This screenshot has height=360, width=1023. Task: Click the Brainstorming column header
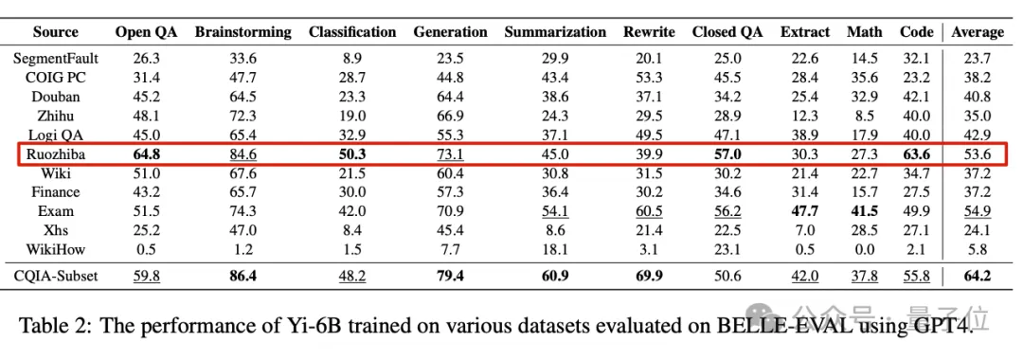point(242,32)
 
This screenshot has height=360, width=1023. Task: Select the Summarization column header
point(555,32)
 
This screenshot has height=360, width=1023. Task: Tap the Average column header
point(978,32)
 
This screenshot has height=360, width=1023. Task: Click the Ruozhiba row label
point(56,154)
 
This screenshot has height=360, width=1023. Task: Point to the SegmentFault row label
point(56,59)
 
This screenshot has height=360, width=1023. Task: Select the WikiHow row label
point(56,249)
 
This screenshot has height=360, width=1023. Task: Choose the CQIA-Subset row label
point(56,276)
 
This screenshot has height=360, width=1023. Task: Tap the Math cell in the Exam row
point(864,211)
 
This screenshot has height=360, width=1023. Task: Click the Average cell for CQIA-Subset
point(978,276)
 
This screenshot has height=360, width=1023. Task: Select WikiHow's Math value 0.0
point(864,249)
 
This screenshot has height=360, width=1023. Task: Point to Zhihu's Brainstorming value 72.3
point(242,117)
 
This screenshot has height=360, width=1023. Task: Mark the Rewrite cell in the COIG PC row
point(649,78)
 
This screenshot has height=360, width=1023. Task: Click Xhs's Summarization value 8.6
point(555,230)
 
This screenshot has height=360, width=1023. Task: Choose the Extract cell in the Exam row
point(805,211)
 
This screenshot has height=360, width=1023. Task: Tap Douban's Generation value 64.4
point(450,98)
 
